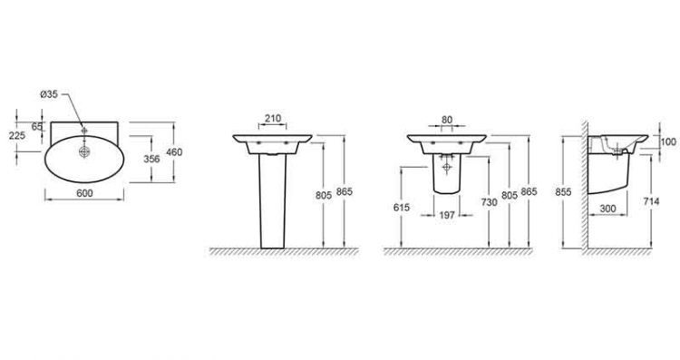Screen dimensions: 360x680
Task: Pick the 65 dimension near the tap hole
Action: tap(37, 127)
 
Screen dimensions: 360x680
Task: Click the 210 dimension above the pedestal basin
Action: tap(273, 117)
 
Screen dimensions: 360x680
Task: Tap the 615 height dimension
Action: tap(403, 208)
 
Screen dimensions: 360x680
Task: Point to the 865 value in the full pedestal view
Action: tap(343, 192)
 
